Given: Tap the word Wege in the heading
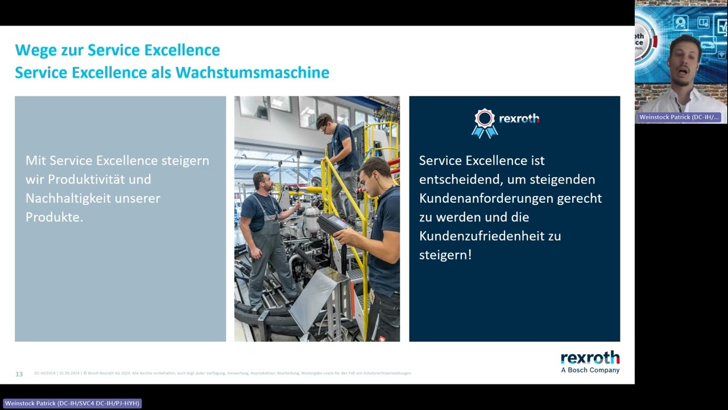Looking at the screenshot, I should [35, 51].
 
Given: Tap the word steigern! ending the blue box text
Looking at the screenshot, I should [445, 255].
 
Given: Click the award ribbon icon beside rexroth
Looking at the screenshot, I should [484, 123].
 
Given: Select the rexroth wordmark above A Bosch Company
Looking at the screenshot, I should [590, 358].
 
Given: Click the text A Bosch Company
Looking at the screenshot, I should [590, 370].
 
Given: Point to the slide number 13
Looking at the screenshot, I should [19, 374].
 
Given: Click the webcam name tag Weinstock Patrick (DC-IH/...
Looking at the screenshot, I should [679, 117].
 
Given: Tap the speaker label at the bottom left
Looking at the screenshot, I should [72, 403].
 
